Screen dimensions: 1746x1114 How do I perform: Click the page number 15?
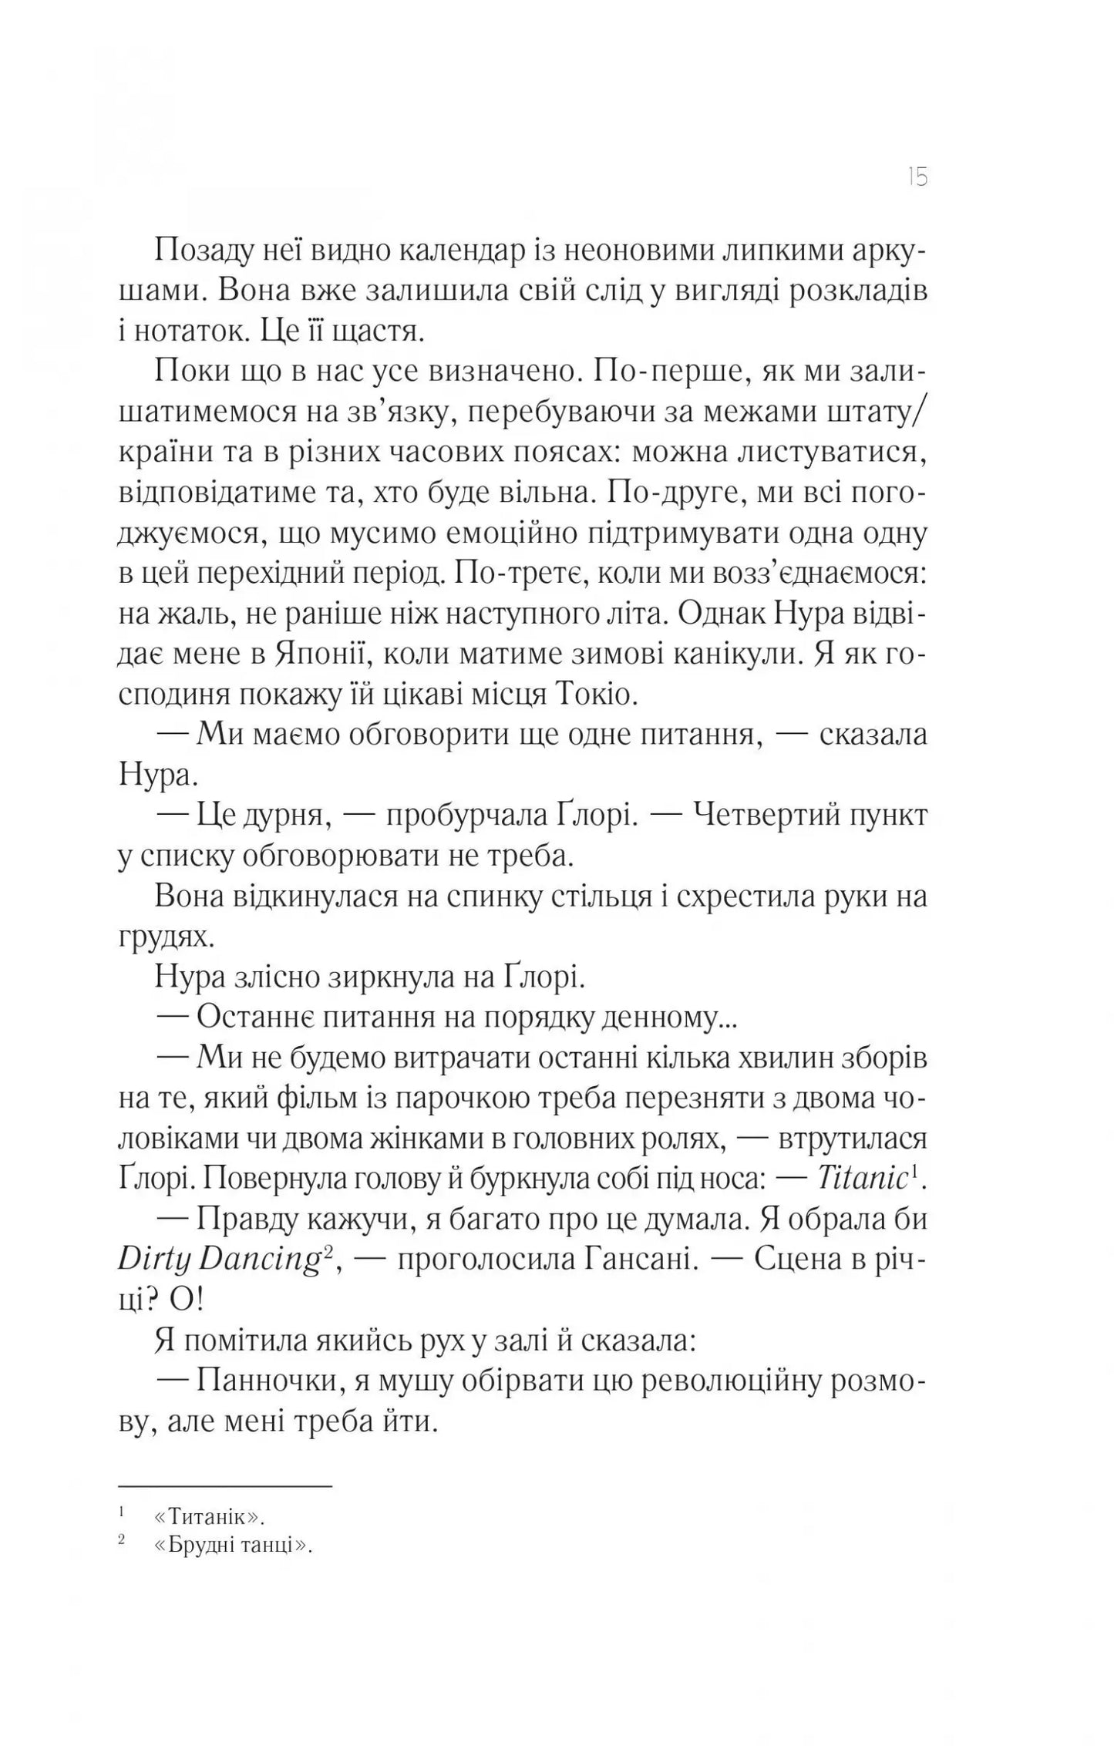tap(917, 178)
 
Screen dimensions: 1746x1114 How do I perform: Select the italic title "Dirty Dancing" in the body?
tap(218, 1259)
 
